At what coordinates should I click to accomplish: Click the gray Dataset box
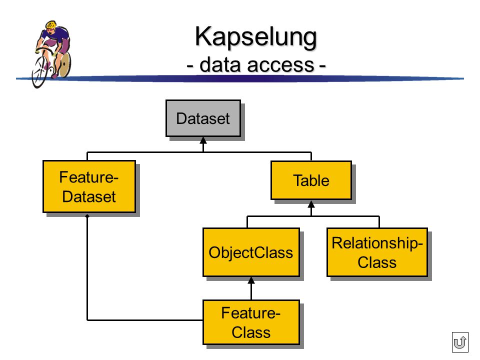203,118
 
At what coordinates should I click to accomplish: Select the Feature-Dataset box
89,186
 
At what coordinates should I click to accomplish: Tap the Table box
311,180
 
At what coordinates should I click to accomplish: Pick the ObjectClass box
251,252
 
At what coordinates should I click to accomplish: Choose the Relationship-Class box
377,252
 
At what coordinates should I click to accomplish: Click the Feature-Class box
251,322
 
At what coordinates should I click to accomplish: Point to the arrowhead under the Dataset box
203,140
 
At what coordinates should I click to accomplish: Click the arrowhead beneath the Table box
311,204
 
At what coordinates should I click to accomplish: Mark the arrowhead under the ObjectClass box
251,280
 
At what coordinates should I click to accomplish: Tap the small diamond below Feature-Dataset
87,216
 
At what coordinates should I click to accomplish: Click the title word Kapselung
256,37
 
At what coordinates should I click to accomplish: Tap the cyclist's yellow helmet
51,24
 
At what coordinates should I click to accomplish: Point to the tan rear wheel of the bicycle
63,64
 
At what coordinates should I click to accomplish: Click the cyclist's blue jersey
57,35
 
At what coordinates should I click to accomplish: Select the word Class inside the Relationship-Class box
377,262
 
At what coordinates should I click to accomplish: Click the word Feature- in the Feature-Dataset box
89,177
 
